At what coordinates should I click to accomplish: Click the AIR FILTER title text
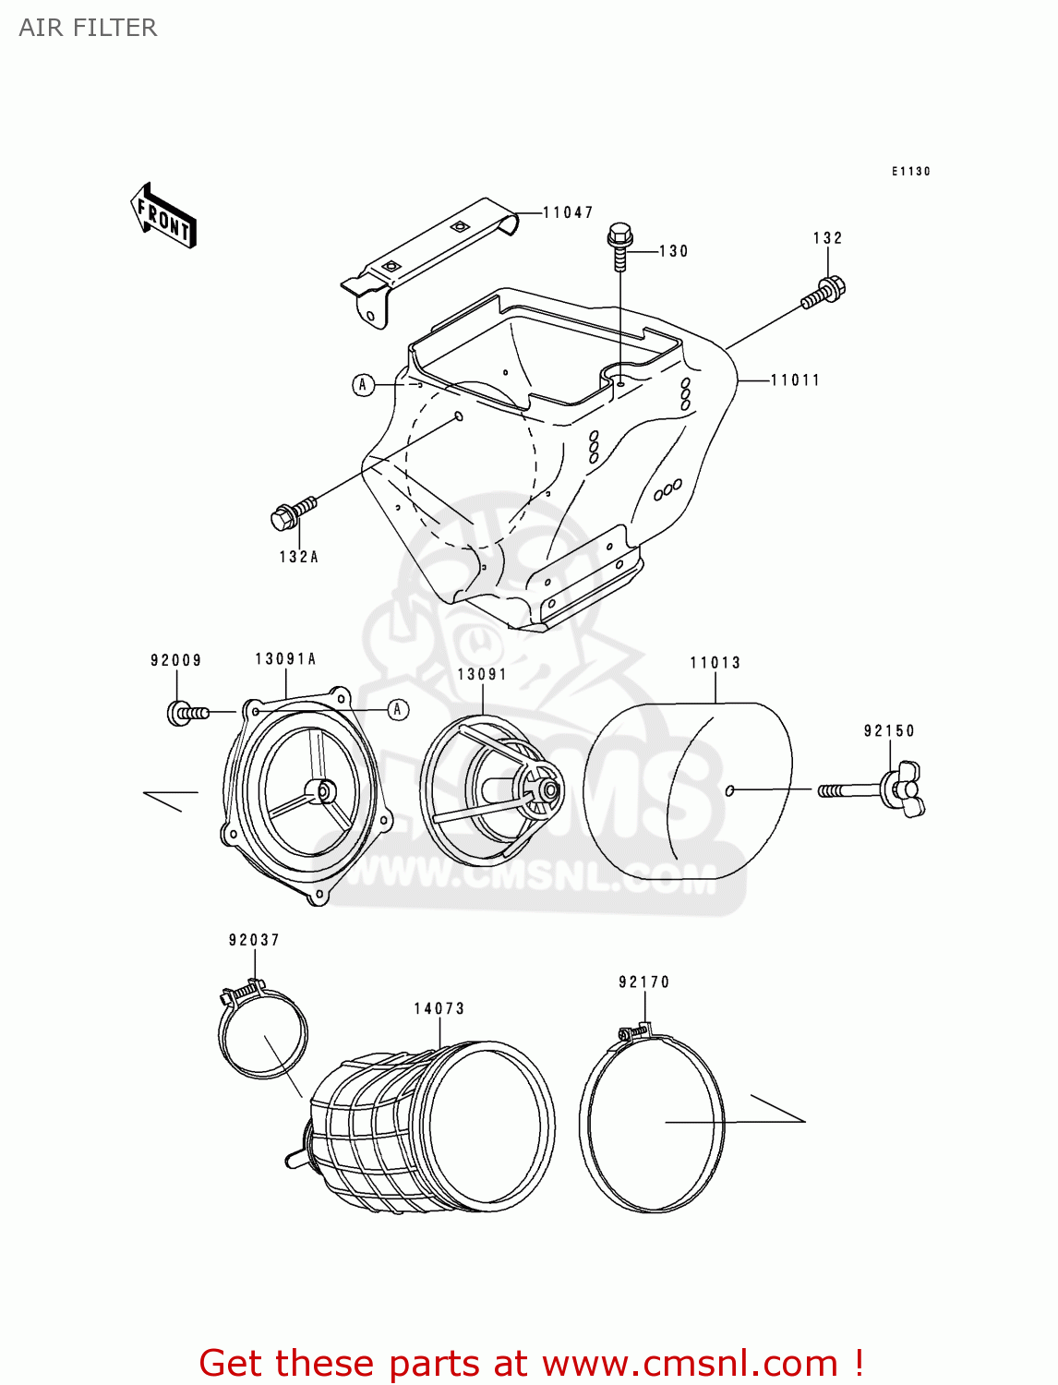(x=88, y=28)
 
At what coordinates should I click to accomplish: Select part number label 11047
(x=567, y=212)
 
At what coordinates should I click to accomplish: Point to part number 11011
(x=795, y=379)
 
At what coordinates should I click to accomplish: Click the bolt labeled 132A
(x=292, y=512)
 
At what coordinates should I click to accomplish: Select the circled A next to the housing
(x=364, y=384)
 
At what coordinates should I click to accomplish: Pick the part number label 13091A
(x=285, y=658)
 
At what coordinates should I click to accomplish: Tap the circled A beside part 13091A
(x=398, y=709)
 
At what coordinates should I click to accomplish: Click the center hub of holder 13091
(x=547, y=790)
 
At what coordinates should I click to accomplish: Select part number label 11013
(x=715, y=662)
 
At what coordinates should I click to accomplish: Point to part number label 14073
(x=439, y=1008)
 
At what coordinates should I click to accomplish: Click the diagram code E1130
(x=910, y=171)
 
